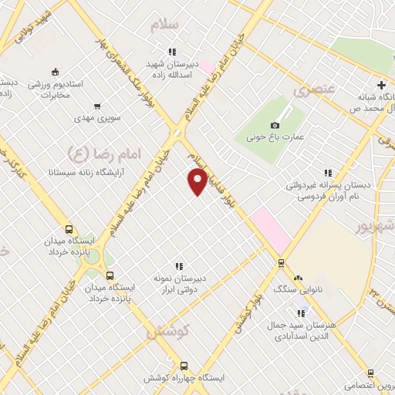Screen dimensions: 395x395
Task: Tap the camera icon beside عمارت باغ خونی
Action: pyautogui.click(x=275, y=125)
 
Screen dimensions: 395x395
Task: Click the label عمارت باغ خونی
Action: pyautogui.click(x=276, y=137)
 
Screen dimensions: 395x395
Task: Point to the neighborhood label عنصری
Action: pyautogui.click(x=314, y=90)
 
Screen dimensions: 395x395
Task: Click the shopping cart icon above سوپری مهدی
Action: pyautogui.click(x=97, y=107)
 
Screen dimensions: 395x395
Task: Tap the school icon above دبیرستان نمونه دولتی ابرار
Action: pyautogui.click(x=178, y=266)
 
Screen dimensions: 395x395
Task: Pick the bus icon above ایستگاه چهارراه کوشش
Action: pyautogui.click(x=183, y=366)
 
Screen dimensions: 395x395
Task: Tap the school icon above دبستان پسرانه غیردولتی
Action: pyautogui.click(x=328, y=174)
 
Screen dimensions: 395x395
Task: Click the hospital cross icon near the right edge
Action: pyautogui.click(x=382, y=85)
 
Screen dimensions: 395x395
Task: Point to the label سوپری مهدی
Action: pyautogui.click(x=95, y=119)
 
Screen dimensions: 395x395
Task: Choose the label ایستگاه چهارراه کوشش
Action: pyautogui.click(x=183, y=379)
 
